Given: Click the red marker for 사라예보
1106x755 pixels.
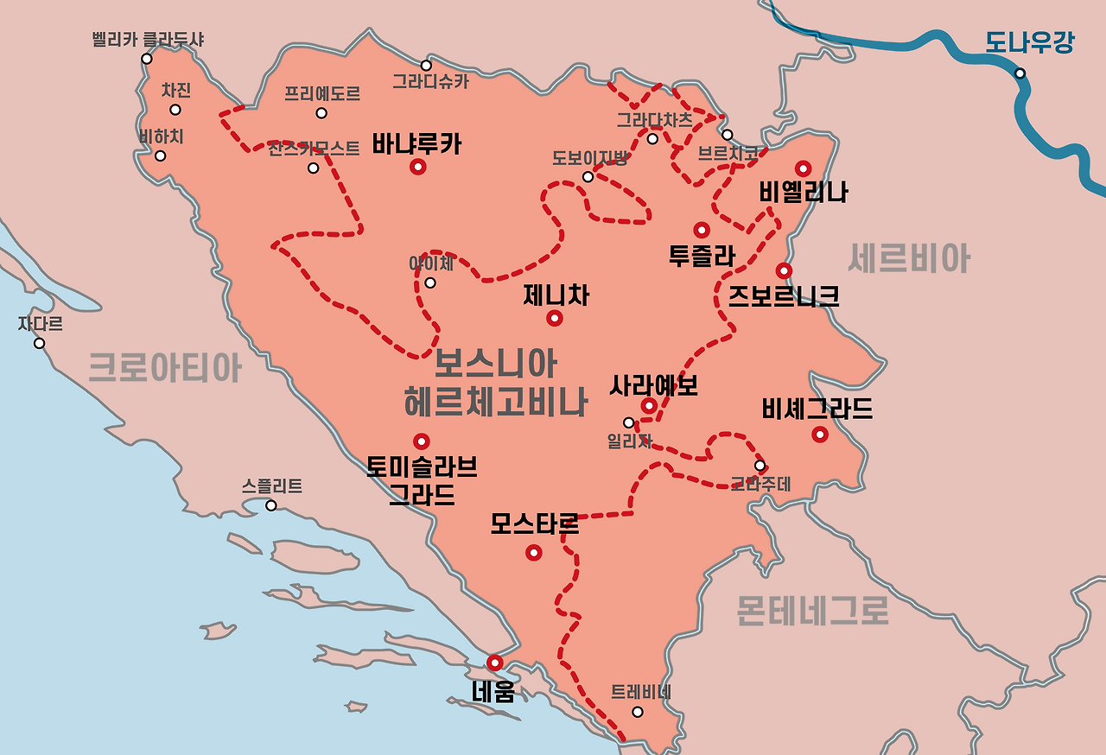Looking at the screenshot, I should (649, 405).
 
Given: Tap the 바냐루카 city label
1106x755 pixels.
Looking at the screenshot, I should (416, 143).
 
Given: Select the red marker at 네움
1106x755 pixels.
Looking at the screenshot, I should (494, 663).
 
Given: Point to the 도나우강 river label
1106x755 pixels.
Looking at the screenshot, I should (1029, 42).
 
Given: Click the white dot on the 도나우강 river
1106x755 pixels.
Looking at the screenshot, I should (1020, 73).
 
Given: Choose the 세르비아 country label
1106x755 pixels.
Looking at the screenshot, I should (908, 258).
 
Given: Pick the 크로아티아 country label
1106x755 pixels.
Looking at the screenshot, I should (165, 368).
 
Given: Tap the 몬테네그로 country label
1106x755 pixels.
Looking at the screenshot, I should (812, 611).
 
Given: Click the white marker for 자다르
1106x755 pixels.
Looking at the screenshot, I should (39, 343).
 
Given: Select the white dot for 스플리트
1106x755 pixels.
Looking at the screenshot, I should (271, 505).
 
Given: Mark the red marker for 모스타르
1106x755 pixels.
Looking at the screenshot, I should (534, 552).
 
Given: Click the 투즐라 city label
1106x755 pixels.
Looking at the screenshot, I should (702, 255).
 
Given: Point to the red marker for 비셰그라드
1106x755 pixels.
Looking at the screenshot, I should (819, 434).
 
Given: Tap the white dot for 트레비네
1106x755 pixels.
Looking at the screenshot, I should (638, 712).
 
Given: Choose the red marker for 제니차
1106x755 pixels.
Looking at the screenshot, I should (555, 319).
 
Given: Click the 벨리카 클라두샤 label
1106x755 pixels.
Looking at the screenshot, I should (148, 40).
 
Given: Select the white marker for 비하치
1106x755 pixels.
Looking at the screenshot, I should (160, 155).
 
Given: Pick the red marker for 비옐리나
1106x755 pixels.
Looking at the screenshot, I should (804, 168).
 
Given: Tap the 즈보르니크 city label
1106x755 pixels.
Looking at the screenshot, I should (783, 296).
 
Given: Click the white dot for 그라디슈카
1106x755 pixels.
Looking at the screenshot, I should (426, 65).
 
